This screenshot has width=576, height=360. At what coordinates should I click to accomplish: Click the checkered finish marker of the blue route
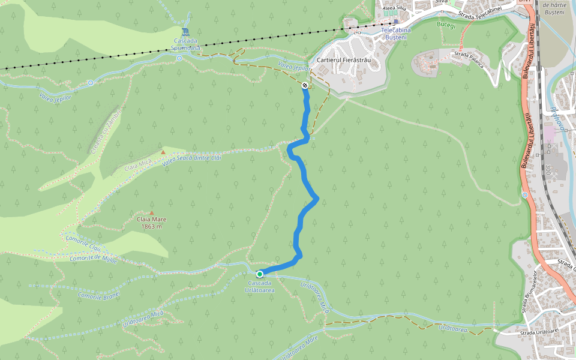pyautogui.click(x=305, y=86)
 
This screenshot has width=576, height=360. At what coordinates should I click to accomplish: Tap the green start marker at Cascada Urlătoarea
pyautogui.click(x=260, y=274)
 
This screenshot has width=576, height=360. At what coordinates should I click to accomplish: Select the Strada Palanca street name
pyautogui.click(x=469, y=58)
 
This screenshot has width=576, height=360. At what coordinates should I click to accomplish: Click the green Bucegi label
pyautogui.click(x=447, y=25)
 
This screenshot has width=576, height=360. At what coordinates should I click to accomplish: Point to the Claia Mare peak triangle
pyautogui.click(x=152, y=212)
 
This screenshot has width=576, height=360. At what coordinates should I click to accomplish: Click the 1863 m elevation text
pyautogui.click(x=152, y=226)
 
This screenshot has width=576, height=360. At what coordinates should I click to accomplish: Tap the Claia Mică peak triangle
pyautogui.click(x=163, y=152)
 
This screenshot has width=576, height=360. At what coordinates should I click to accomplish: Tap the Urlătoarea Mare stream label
pyautogui.click(x=295, y=347)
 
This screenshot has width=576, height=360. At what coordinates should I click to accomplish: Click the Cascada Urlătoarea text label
pyautogui.click(x=260, y=286)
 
